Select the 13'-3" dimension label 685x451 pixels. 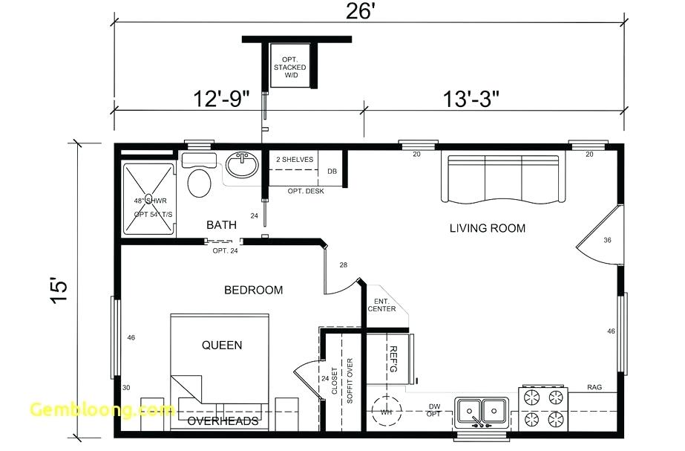471,98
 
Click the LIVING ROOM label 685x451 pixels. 487,228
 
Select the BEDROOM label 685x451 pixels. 253,290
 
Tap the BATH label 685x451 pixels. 221,224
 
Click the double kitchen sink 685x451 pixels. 482,409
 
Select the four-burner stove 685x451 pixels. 543,409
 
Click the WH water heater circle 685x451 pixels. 387,411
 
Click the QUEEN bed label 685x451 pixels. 222,345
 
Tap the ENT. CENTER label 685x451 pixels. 381,305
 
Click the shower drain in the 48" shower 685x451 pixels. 148,198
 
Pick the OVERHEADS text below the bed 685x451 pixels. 223,421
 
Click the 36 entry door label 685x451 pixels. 607,240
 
